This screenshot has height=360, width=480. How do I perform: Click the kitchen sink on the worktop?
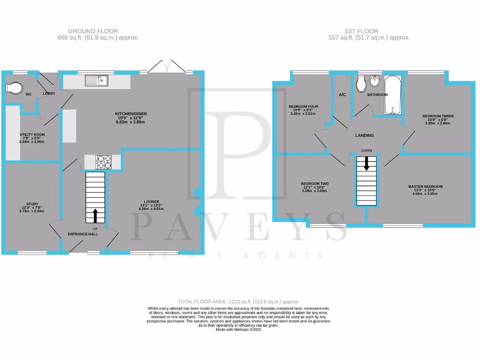97,81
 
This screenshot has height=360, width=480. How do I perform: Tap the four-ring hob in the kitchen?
104,162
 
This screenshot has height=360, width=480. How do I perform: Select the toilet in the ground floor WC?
14,88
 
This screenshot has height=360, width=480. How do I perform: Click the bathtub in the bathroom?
392,95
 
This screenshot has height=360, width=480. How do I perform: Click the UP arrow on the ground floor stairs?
96,215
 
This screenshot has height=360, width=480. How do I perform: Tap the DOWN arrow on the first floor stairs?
366,164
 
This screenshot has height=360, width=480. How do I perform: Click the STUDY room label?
32,204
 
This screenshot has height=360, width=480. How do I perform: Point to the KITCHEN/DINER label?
130,114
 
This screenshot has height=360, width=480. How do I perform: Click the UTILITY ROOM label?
32,134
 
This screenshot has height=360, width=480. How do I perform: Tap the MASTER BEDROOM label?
425,187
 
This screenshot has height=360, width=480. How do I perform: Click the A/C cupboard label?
342,95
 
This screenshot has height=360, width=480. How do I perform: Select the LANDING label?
364,135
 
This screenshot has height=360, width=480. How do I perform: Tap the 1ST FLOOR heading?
369,31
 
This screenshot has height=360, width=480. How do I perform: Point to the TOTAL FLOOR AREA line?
238,301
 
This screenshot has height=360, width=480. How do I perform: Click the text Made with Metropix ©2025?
238,330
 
